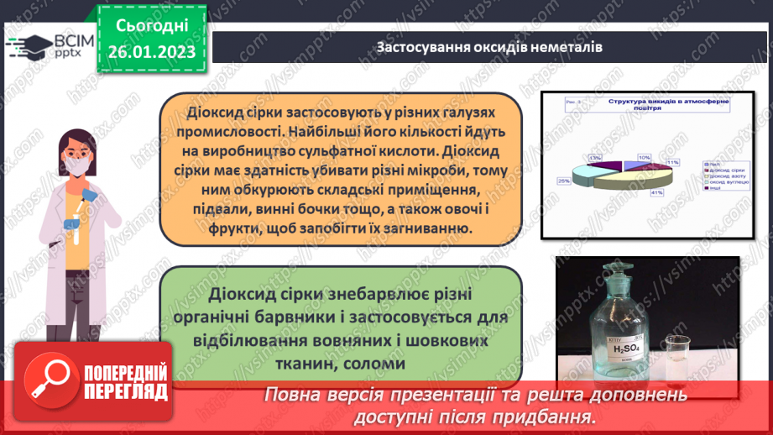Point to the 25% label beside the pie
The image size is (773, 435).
coord(564,181)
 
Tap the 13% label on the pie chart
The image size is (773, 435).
coord(595,157)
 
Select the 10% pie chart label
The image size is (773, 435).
coord(645,157)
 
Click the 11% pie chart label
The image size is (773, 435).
coord(671,162)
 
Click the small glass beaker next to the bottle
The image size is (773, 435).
coord(677,357)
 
